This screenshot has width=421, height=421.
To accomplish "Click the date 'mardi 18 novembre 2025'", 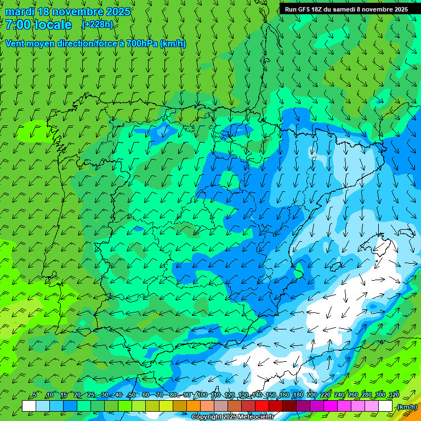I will pyautogui.click(x=67, y=12).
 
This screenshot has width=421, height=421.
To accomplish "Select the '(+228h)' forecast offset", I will pyautogui.click(x=98, y=25).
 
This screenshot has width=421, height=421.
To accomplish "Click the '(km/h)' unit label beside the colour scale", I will pyautogui.click(x=407, y=407).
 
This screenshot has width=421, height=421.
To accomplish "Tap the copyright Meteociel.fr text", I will pyautogui.click(x=232, y=417).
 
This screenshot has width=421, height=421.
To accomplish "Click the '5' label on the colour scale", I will pyautogui.click(x=35, y=395).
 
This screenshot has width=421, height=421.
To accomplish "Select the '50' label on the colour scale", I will pyautogui.click(x=132, y=395).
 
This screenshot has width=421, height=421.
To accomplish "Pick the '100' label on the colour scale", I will pyautogui.click(x=202, y=395).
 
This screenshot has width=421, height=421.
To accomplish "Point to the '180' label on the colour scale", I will pyautogui.click(x=298, y=395).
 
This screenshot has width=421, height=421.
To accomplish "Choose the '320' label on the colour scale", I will pyautogui.click(x=394, y=395).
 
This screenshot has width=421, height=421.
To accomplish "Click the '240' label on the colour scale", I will pyautogui.click(x=339, y=395).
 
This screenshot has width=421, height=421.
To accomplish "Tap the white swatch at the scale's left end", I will pyautogui.click(x=29, y=406).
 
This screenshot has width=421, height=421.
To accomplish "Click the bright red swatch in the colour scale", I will pyautogui.click(x=262, y=406).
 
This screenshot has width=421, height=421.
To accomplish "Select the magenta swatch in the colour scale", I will pyautogui.click(x=331, y=406).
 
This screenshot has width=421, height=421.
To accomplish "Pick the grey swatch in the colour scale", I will pyautogui.click(x=221, y=406).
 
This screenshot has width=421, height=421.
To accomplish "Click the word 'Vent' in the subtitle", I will pyautogui.click(x=15, y=44).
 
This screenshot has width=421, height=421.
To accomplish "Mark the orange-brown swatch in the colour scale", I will pyautogui.click(x=180, y=406).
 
